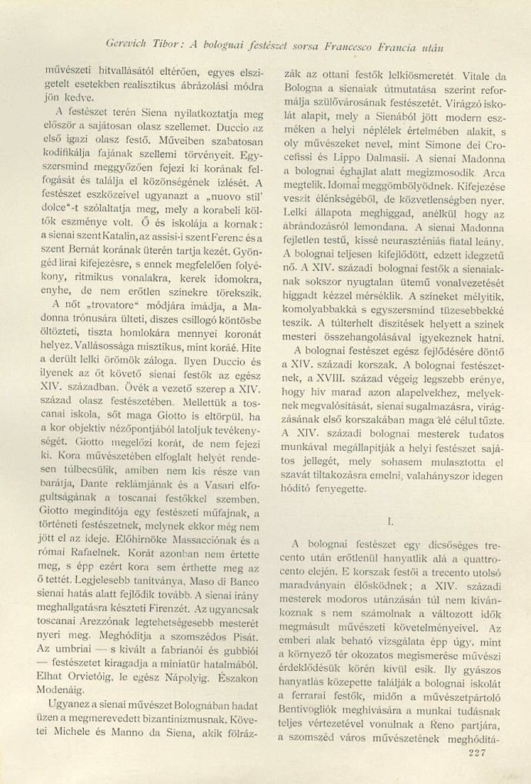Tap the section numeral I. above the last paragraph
pyautogui.click(x=390, y=520)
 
